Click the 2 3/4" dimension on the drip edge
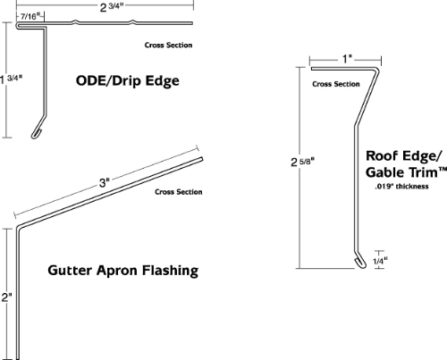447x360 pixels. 112,7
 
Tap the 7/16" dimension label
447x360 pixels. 30,16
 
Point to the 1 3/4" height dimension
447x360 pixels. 12,80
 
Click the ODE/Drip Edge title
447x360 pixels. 128,80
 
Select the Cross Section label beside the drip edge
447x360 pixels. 168,46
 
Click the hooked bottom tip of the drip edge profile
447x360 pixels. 36,135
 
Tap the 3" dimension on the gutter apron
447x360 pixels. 105,182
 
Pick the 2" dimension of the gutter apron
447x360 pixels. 6,297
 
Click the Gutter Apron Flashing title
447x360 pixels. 123,271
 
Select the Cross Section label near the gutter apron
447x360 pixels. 179,192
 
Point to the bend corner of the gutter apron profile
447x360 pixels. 18,227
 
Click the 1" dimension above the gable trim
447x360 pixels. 347,59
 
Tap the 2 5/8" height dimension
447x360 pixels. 302,162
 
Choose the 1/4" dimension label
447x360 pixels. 380,261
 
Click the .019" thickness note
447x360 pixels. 401,187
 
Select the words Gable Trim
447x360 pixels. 401,172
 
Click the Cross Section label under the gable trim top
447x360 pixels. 336,84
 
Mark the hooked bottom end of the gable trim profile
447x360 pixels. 360,263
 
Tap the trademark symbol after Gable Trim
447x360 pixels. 443,169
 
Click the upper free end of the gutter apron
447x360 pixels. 201,159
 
